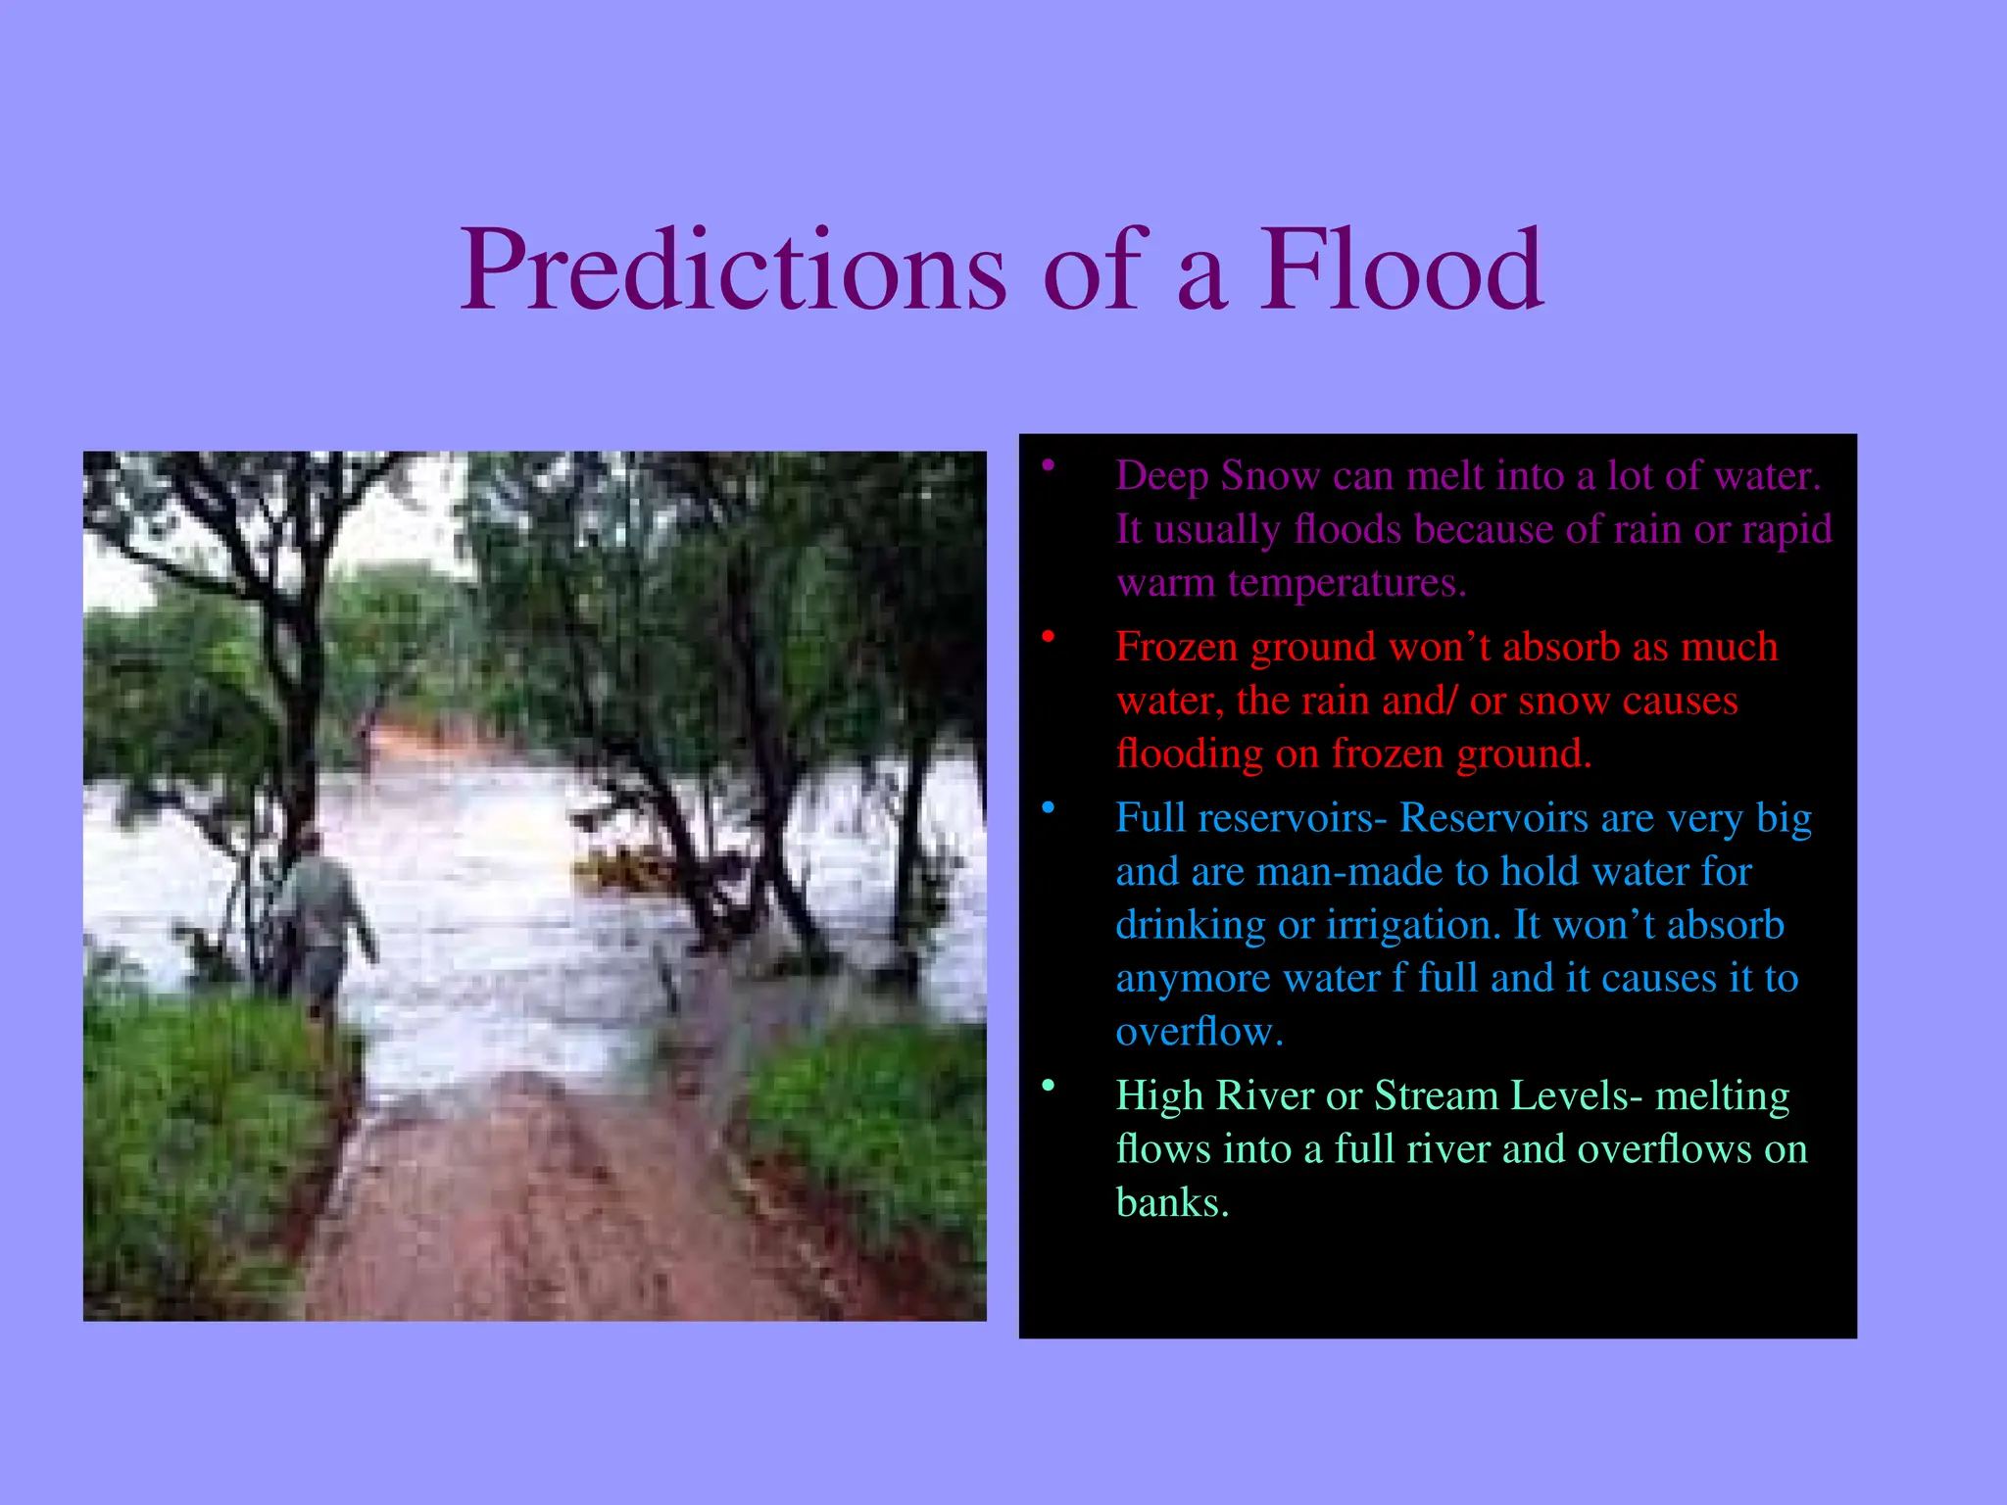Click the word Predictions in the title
tap(733, 270)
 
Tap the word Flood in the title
tap(1401, 270)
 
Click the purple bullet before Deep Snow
tap(1048, 465)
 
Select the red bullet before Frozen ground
tap(1048, 637)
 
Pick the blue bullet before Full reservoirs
tap(1048, 808)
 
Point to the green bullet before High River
tap(1048, 1086)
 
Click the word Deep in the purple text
tap(1161, 477)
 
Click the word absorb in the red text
tap(1561, 648)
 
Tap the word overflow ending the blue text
tap(1198, 1033)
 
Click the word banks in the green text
tap(1171, 1203)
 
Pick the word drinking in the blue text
tap(1190, 926)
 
